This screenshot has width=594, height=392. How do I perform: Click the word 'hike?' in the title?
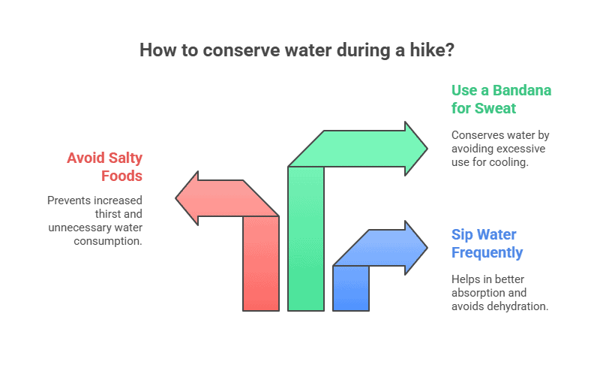click(432, 50)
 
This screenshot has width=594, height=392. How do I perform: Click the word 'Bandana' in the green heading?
click(522, 90)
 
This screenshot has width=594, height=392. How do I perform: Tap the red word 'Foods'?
click(121, 176)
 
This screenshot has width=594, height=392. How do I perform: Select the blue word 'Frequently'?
click(487, 253)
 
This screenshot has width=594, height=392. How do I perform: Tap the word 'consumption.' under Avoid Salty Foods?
click(108, 241)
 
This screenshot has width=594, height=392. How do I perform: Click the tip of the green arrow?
click(427, 149)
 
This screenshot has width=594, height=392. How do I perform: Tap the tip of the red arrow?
click(175, 198)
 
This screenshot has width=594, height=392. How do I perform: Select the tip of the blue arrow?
click(427, 248)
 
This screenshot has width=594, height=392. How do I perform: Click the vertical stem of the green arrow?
click(306, 239)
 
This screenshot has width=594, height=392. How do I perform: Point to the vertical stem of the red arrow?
click(261, 264)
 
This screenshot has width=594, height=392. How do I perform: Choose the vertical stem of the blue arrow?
click(351, 288)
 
